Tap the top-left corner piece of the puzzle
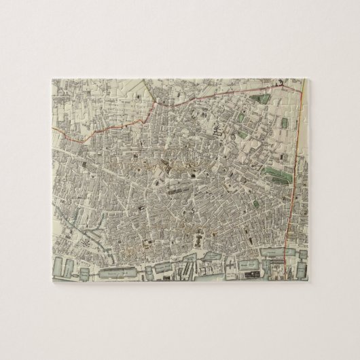[61, 88]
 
